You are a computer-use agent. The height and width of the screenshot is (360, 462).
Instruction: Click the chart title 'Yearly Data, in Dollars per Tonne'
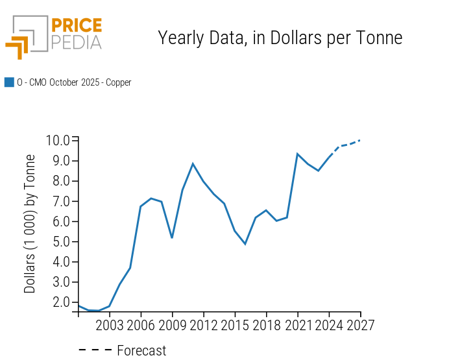tap(280, 38)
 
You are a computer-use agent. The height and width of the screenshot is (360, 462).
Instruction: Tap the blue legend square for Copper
tap(9, 82)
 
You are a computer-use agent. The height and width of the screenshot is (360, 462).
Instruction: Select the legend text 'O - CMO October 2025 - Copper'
tap(74, 82)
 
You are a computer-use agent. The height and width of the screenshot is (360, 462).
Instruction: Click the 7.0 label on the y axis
tap(57, 201)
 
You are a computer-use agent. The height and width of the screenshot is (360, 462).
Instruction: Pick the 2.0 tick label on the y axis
tap(57, 302)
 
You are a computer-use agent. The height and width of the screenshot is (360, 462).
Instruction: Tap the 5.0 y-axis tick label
tap(57, 241)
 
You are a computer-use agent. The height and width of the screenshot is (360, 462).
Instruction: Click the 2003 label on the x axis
tap(110, 325)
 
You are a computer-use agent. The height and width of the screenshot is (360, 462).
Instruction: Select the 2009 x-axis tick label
tap(172, 325)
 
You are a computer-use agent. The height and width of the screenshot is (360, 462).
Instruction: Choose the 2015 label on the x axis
tap(235, 325)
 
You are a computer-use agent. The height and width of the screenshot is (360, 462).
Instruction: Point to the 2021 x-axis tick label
tap(297, 325)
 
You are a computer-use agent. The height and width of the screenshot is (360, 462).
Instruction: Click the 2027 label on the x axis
tap(360, 325)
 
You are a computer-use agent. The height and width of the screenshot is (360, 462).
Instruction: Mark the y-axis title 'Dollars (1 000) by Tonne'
tap(30, 224)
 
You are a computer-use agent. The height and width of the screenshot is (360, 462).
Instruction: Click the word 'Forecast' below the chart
tap(141, 351)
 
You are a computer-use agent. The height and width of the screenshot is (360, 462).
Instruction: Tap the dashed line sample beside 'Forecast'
tap(95, 351)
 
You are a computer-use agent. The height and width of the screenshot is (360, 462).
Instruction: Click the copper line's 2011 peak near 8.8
tap(193, 163)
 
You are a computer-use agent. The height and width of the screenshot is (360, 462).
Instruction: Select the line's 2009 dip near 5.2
tap(172, 237)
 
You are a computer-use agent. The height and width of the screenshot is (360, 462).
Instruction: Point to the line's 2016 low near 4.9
tap(245, 244)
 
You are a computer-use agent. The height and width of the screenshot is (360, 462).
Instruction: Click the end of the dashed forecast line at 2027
tap(360, 140)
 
